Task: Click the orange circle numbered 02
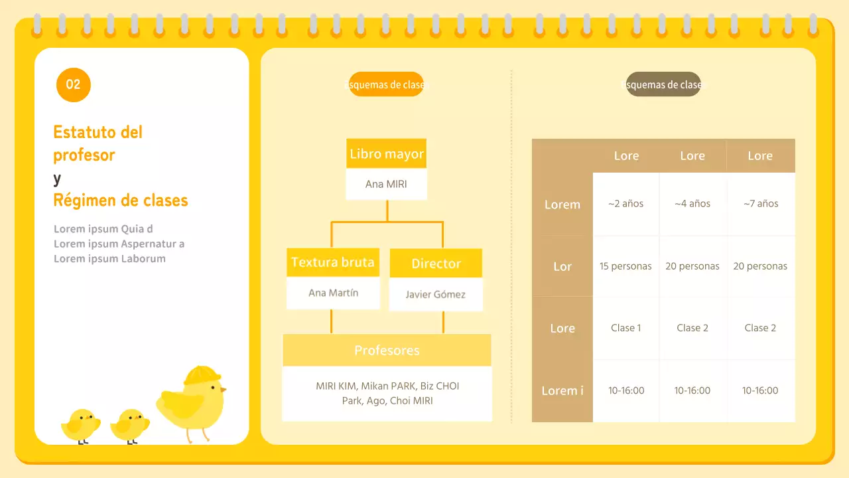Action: coord(74,84)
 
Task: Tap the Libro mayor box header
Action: coord(386,153)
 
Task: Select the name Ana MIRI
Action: coord(386,184)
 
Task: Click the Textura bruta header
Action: coord(333,262)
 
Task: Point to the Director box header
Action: coord(436,264)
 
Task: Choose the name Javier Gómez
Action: coord(436,294)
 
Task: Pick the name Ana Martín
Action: coord(333,293)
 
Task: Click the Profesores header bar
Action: coord(387,350)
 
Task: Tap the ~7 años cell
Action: coord(761,204)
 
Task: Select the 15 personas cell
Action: coord(625,266)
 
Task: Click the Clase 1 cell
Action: coord(625,328)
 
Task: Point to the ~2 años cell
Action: coord(625,204)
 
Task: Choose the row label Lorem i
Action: coord(562,390)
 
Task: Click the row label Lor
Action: coord(562,266)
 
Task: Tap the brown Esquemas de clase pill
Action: coord(663,84)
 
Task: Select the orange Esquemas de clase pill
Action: coord(386,84)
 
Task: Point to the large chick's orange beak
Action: coord(223,389)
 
